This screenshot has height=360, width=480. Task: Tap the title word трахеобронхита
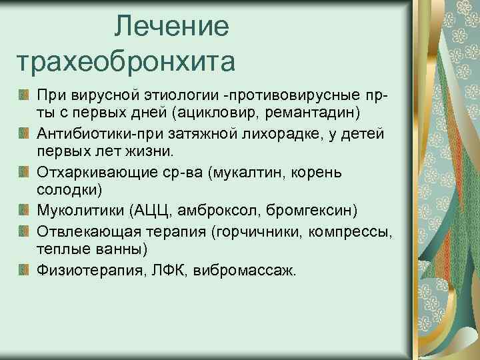click(126, 63)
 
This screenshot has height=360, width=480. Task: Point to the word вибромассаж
click(242, 269)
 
